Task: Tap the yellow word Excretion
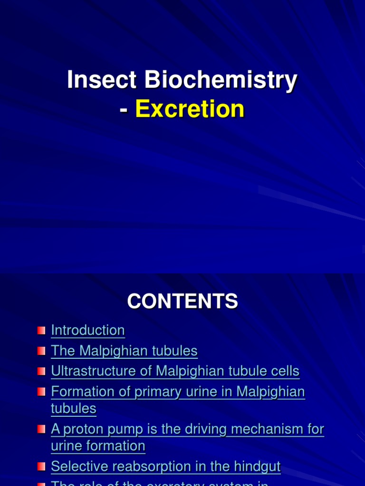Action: click(x=190, y=109)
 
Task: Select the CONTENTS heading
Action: click(x=182, y=301)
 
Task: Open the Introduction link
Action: click(x=88, y=330)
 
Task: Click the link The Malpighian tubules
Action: click(x=124, y=351)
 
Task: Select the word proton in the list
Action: click(x=79, y=430)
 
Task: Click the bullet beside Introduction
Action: click(x=41, y=330)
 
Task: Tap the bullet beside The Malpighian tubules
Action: click(x=41, y=351)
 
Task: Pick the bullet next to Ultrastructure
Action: click(x=41, y=372)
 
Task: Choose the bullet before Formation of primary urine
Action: click(x=41, y=392)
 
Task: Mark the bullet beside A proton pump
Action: click(x=41, y=430)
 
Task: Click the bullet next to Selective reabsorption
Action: click(x=41, y=467)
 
